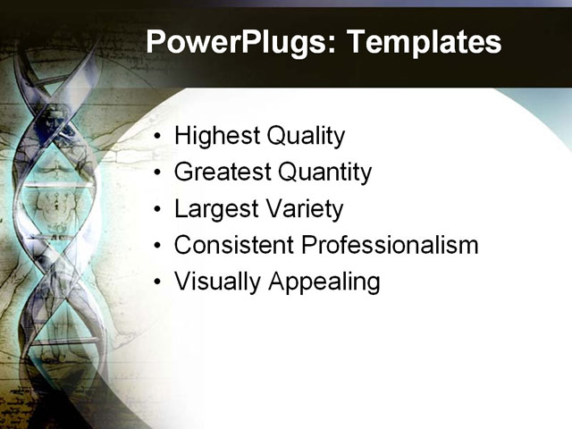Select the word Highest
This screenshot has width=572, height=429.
(x=214, y=137)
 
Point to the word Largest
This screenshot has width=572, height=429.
(x=214, y=209)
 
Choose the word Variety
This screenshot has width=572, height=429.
(x=301, y=209)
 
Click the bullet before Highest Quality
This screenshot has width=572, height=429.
(x=158, y=138)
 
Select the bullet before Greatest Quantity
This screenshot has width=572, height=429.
(x=158, y=173)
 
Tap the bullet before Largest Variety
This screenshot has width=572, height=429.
(x=158, y=210)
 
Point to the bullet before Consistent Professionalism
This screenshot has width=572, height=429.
(x=158, y=246)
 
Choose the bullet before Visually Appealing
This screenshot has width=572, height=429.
(x=158, y=282)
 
